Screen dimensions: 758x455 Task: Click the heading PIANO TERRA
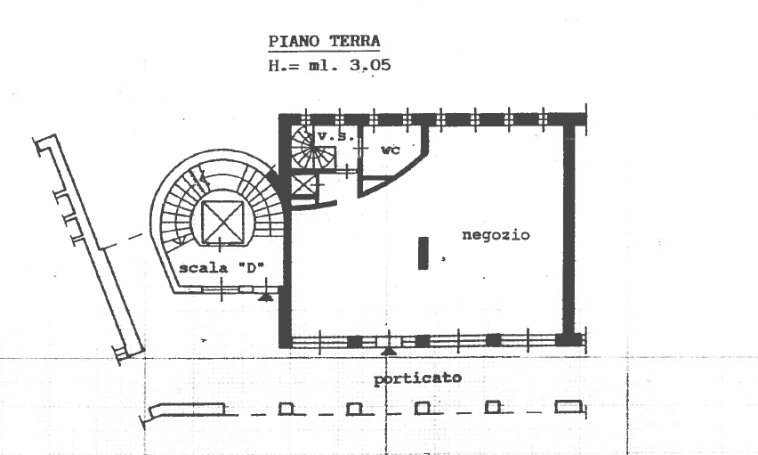pyautogui.click(x=325, y=42)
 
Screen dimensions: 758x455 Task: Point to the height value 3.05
pyautogui.click(x=370, y=65)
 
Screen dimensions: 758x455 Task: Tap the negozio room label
pyautogui.click(x=496, y=235)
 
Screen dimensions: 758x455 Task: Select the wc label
pyautogui.click(x=391, y=150)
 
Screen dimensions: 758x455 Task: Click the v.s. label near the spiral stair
pyautogui.click(x=335, y=136)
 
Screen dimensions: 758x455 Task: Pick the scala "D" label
pyautogui.click(x=222, y=268)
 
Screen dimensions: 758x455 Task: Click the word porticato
pyautogui.click(x=417, y=378)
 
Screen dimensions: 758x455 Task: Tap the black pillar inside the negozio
pyautogui.click(x=423, y=253)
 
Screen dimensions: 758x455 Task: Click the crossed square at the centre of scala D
pyautogui.click(x=222, y=223)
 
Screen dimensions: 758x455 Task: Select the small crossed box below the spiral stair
pyautogui.click(x=303, y=185)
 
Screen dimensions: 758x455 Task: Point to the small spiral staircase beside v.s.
pyautogui.click(x=313, y=147)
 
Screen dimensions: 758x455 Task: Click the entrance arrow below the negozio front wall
pyautogui.click(x=389, y=351)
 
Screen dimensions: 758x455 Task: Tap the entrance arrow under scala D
pyautogui.click(x=265, y=297)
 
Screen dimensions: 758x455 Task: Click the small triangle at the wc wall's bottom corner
pyautogui.click(x=372, y=184)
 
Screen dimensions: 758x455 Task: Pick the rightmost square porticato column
pyautogui.click(x=568, y=407)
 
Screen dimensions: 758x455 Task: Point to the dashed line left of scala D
pyautogui.click(x=125, y=241)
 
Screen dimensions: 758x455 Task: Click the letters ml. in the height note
pyautogui.click(x=323, y=65)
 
